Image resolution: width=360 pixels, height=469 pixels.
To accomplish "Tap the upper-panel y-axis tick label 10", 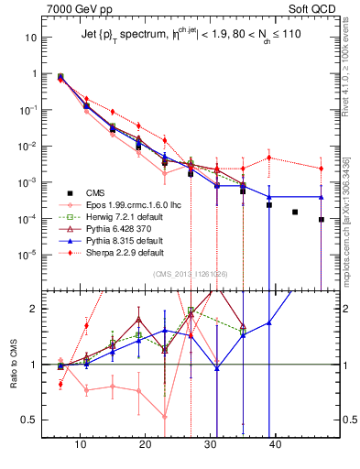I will pos(32,38).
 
